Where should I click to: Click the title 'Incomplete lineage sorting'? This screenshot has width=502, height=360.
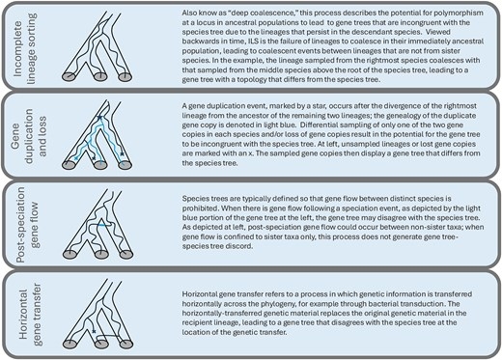(x=25, y=48)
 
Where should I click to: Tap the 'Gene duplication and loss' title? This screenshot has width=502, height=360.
(x=29, y=136)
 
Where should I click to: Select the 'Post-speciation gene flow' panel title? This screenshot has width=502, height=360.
(x=28, y=225)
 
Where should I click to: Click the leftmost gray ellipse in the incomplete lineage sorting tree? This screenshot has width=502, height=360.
(x=69, y=76)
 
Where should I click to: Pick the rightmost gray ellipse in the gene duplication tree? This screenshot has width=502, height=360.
(x=125, y=165)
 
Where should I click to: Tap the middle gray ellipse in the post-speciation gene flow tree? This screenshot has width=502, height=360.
(x=101, y=254)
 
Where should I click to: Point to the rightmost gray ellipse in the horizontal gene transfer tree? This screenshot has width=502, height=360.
(x=125, y=344)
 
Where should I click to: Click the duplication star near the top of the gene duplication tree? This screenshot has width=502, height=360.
(x=99, y=118)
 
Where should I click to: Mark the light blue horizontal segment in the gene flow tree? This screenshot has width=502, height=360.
(x=103, y=225)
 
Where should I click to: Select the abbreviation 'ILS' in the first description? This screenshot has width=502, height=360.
(x=253, y=42)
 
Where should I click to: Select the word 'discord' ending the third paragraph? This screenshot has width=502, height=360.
(x=241, y=246)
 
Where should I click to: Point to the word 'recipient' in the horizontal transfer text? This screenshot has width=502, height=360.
(x=197, y=322)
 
